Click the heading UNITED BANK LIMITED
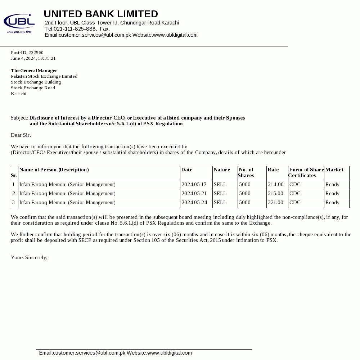[x=101, y=14]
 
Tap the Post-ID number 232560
[x=36, y=53]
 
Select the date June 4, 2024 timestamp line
[x=33, y=58]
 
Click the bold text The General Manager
[x=34, y=71]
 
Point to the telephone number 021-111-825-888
[x=75, y=29]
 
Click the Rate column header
[x=273, y=170]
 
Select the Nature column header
[x=222, y=170]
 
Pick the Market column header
[x=334, y=170]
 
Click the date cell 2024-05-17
[x=194, y=185]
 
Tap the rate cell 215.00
[x=276, y=194]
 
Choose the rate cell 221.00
[x=276, y=203]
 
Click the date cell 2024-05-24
[x=194, y=203]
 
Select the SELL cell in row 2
[x=220, y=194]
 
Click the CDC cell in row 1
[x=295, y=185]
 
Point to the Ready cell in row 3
[x=332, y=203]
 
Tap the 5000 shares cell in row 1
[x=245, y=185]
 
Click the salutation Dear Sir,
[x=21, y=135]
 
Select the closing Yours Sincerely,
[x=29, y=258]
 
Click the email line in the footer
[x=115, y=353]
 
